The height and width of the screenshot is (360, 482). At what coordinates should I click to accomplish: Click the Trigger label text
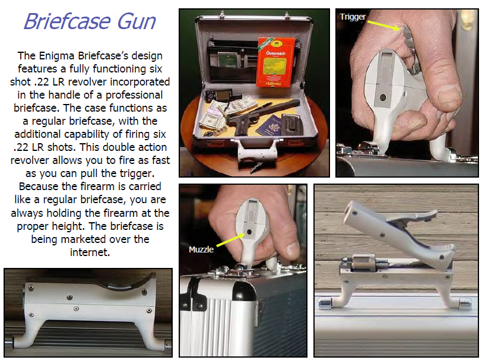click(x=353, y=17)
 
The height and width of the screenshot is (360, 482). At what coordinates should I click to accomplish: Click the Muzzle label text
click(x=201, y=249)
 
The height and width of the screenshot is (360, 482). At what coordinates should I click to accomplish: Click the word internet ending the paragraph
click(x=91, y=252)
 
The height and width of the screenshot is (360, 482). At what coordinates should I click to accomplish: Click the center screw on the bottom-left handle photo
click(x=77, y=308)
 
